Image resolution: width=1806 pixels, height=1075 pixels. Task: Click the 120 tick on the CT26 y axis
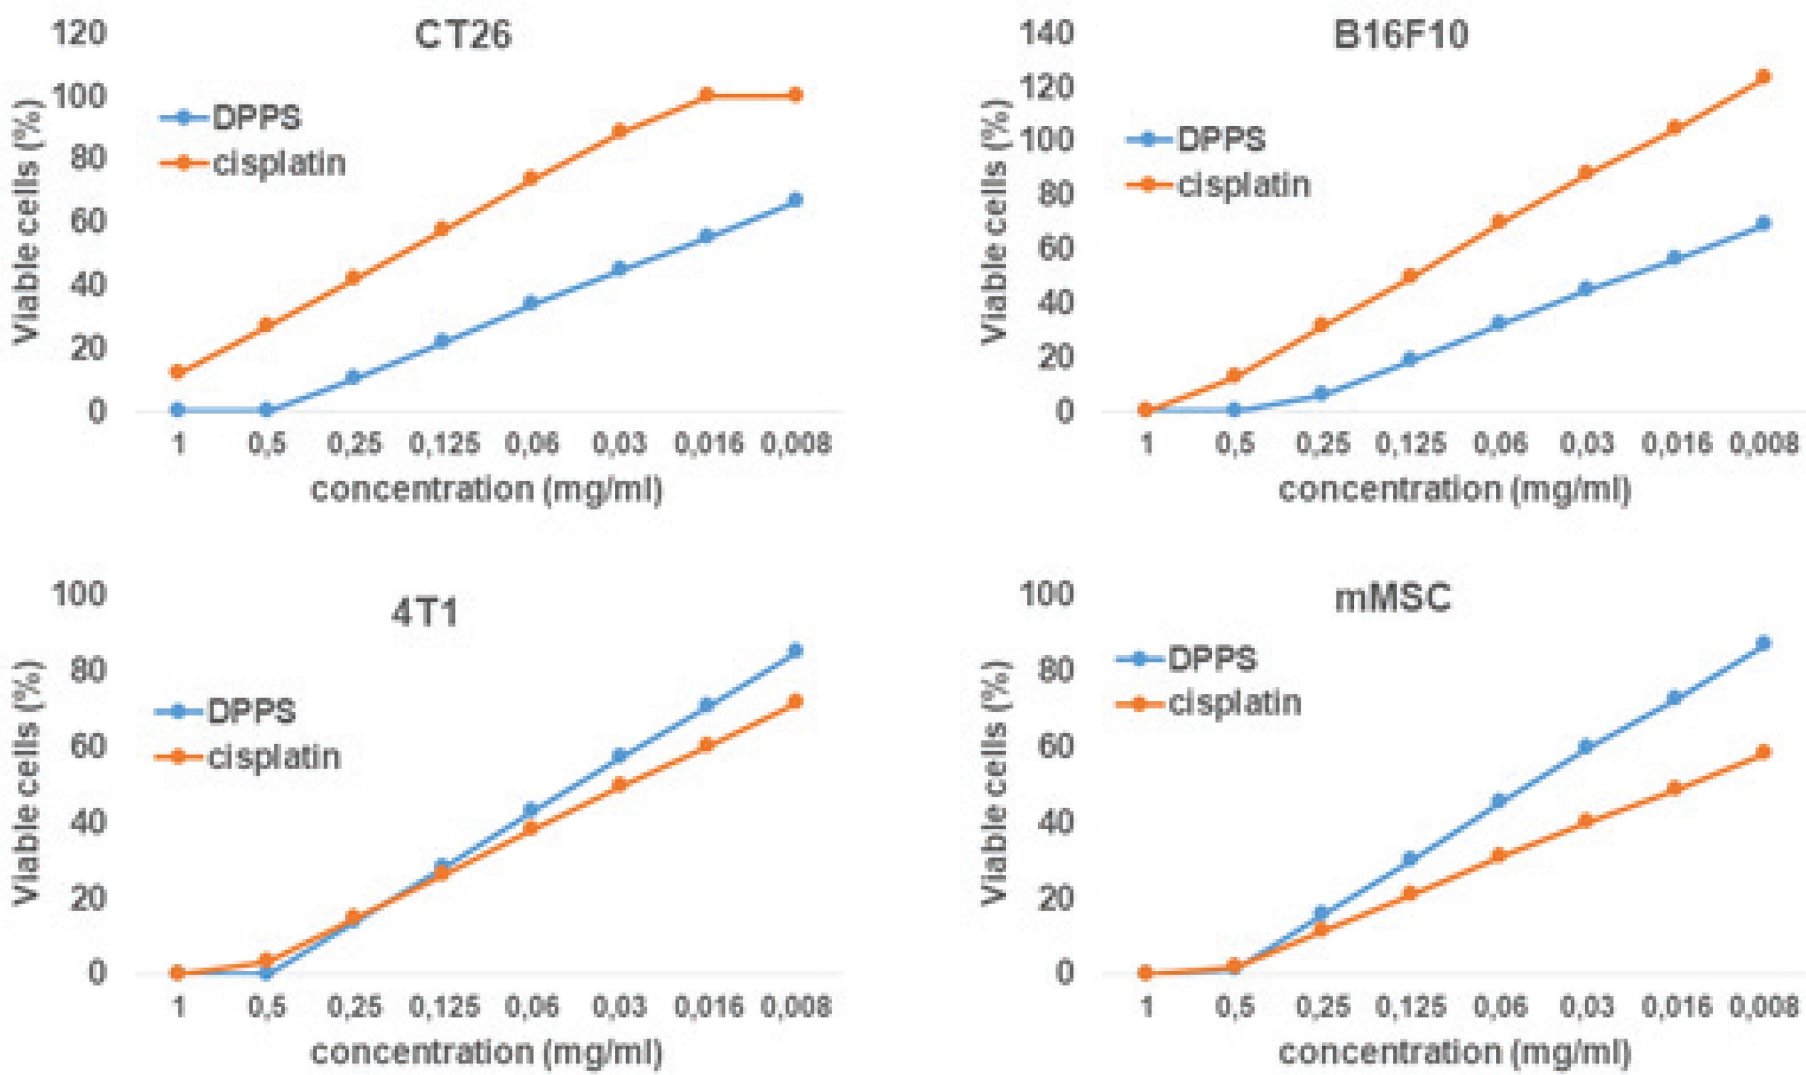(x=80, y=34)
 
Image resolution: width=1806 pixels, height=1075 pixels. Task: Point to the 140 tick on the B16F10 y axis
(x=1049, y=34)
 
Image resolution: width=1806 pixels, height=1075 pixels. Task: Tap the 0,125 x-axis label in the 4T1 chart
(x=444, y=1006)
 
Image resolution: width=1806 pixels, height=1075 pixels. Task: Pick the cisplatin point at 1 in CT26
(x=178, y=372)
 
